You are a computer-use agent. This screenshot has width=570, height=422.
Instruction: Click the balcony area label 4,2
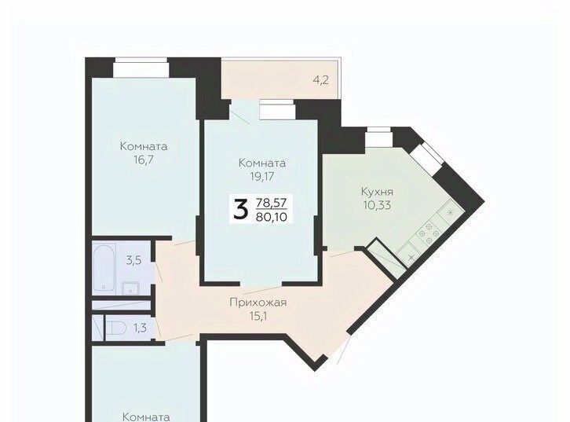[321, 80]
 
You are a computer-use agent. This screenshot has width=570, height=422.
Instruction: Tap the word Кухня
[377, 192]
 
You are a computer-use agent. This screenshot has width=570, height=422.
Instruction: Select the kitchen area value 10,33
[377, 206]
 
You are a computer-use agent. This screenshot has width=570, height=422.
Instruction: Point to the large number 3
[241, 210]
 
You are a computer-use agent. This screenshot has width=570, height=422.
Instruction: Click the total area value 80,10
[272, 217]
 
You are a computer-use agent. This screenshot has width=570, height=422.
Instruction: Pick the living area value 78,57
[272, 202]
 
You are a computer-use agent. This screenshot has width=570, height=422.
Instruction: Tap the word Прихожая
[258, 303]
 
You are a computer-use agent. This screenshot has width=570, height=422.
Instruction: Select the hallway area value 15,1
[258, 316]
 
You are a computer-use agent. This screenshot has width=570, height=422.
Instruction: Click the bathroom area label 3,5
[133, 260]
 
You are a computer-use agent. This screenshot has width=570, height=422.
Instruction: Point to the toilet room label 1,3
[140, 328]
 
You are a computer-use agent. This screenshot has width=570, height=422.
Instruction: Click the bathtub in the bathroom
[104, 267]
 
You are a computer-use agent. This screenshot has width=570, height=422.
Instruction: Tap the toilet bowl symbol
[116, 328]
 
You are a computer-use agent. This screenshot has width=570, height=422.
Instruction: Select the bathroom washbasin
[130, 288]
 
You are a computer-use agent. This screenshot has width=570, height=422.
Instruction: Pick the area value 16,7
[144, 160]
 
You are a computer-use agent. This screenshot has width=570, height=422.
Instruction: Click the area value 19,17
[261, 177]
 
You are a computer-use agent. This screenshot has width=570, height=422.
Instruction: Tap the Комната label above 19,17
[262, 163]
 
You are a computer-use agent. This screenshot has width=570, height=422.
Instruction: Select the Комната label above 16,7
[144, 147]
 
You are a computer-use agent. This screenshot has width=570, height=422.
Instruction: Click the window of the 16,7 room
[141, 68]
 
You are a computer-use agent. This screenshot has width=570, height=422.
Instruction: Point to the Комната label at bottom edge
[146, 417]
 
